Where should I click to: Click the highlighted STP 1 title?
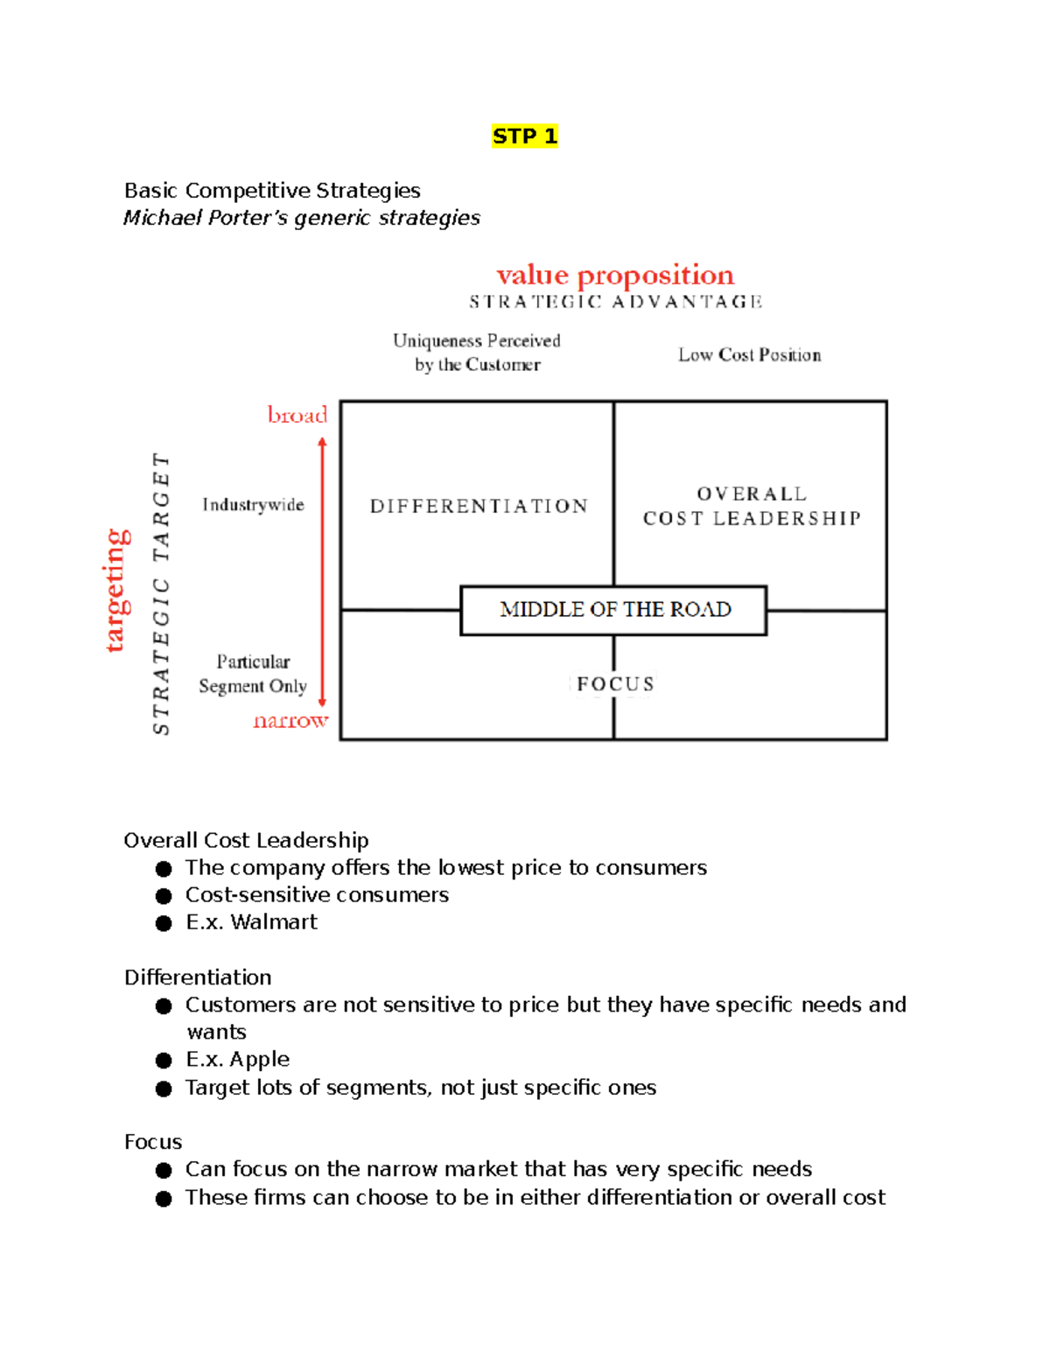[524, 137]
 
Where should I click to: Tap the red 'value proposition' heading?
[615, 275]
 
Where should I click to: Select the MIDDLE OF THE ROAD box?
[614, 610]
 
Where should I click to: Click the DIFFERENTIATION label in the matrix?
[479, 507]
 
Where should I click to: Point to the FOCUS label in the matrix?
[615, 684]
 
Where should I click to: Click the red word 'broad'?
[297, 415]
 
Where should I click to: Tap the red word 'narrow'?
[290, 721]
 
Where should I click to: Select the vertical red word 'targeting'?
[116, 591]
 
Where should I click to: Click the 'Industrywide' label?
[253, 505]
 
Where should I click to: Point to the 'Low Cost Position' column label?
[749, 355]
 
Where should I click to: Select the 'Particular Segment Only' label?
[253, 674]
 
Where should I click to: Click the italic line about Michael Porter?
[302, 218]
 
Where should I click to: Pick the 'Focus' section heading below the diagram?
[153, 1142]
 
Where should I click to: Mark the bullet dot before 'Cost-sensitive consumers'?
[164, 896]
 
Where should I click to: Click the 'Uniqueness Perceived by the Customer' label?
[477, 353]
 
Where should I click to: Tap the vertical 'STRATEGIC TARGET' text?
[161, 593]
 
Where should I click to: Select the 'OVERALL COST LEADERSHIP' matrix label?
[752, 507]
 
